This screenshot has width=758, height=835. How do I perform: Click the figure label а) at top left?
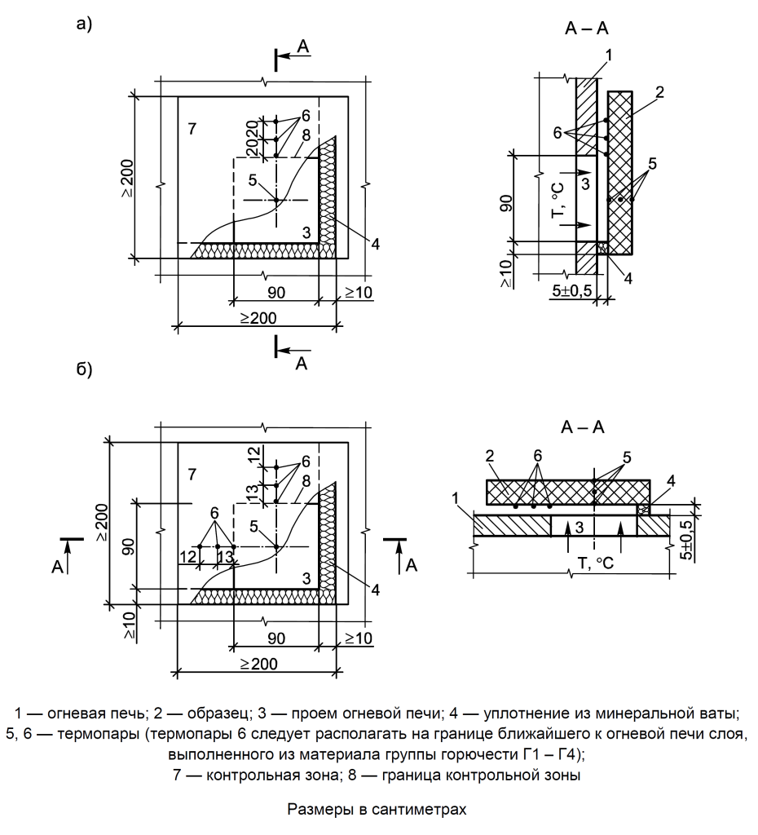[84, 24]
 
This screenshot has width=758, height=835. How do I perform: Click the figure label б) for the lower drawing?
[84, 369]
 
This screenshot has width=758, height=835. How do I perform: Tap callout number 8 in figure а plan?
[306, 135]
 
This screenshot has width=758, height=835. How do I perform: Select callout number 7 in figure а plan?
[192, 128]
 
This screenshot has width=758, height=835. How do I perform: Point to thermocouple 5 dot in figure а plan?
[276, 201]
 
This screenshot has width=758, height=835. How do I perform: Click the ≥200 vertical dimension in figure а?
[128, 179]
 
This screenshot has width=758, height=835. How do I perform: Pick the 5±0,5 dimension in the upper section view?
[574, 291]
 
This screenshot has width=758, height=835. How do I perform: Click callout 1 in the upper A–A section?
[608, 55]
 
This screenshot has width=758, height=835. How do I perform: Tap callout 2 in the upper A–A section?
[659, 92]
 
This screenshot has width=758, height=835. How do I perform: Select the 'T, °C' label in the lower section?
[596, 563]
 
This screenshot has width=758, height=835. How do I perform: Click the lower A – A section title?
[583, 427]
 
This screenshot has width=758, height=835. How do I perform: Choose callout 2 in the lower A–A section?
[490, 456]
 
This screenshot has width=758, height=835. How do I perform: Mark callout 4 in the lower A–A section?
[672, 481]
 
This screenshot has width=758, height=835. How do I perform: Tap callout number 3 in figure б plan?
[306, 578]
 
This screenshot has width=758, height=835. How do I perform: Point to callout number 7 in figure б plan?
[192, 474]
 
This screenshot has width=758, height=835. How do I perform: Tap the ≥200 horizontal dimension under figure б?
[258, 664]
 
